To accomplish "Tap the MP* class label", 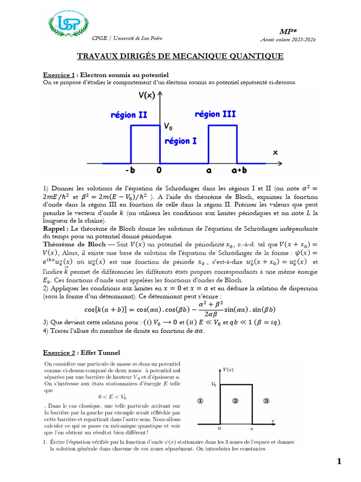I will click(x=287, y=31).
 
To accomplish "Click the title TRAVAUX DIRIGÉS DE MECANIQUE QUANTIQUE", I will click(x=180, y=56).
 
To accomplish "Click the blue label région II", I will click(x=129, y=114).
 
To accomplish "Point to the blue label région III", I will click(x=215, y=114).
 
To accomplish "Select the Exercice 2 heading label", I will click(x=59, y=352).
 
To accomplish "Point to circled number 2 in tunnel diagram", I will click(x=235, y=401).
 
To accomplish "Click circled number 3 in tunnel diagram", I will click(x=266, y=401).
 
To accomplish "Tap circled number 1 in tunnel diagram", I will click(x=200, y=401).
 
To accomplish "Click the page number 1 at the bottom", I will click(x=339, y=462).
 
